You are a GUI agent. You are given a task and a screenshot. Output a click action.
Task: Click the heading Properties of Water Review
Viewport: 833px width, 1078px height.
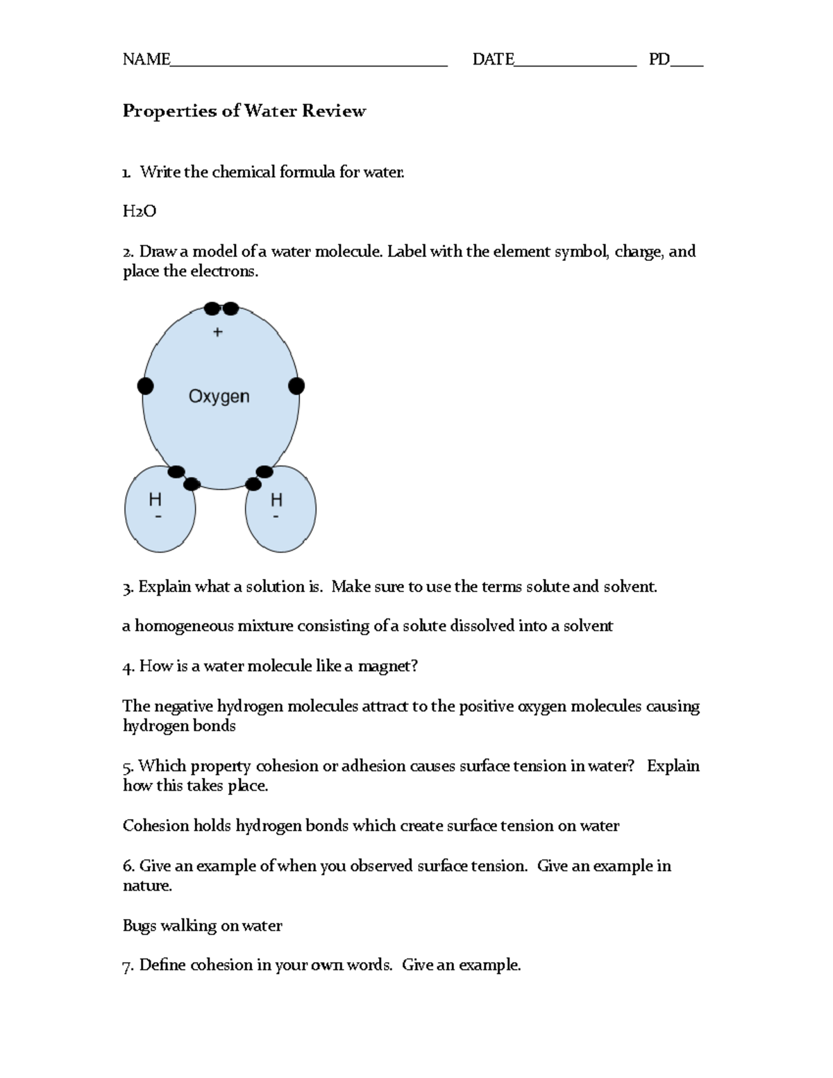(244, 111)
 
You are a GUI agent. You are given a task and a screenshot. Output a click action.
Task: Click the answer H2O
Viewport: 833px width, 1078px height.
(139, 211)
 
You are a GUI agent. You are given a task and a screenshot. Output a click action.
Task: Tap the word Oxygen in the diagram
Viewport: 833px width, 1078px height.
(219, 396)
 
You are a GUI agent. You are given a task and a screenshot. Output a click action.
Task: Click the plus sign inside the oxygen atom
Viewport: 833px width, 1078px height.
(218, 332)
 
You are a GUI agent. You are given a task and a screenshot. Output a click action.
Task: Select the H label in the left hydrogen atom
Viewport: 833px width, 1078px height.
(155, 499)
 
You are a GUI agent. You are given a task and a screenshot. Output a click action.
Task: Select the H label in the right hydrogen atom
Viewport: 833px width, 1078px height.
(276, 499)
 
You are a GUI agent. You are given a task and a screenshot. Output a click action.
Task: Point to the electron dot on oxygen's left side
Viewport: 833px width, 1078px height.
(145, 386)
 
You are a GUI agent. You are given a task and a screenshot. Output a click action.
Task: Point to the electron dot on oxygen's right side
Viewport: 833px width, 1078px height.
(296, 386)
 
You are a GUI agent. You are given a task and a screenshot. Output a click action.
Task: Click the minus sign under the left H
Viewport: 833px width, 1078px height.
(158, 516)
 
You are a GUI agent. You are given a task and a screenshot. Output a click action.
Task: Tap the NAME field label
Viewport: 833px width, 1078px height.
(146, 60)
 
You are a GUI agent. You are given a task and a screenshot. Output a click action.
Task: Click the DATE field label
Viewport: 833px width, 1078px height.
(493, 60)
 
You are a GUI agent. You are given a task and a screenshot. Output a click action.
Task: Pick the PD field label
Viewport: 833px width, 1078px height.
(659, 60)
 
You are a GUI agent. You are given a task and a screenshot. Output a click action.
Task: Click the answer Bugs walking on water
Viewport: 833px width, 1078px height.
(202, 926)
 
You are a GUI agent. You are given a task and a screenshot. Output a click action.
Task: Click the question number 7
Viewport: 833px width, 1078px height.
(127, 966)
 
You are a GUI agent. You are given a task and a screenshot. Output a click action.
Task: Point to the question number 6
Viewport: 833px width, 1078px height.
(128, 866)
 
